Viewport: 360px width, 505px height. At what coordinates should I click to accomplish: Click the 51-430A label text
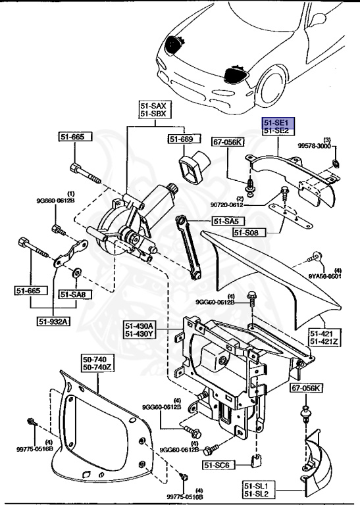click(140, 325)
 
